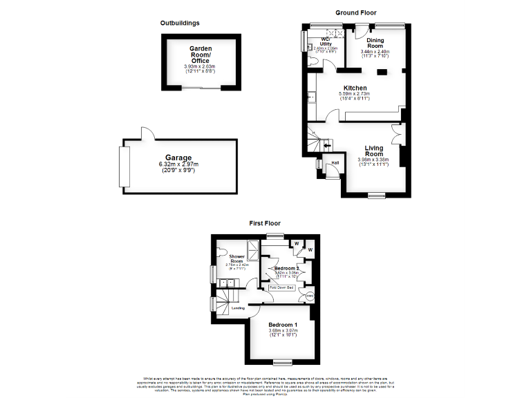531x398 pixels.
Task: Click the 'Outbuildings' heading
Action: point(180,23)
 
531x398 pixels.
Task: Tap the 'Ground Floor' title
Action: point(355,13)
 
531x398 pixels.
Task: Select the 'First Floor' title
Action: point(265,224)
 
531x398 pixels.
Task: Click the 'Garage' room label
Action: point(178,158)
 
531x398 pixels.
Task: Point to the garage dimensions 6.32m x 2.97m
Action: point(178,164)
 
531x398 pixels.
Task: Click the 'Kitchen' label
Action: point(355,88)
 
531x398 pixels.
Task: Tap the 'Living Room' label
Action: point(375,151)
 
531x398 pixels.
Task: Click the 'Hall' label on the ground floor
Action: point(335,162)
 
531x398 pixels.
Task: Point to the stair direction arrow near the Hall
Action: point(326,146)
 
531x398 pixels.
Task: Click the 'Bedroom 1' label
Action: point(282,325)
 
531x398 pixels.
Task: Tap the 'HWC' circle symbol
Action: point(309,297)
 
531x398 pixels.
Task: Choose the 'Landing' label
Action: point(238,308)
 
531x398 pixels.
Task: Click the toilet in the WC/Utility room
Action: point(315,61)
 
